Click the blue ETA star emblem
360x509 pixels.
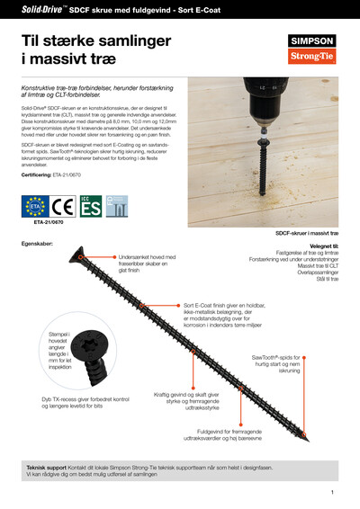coord(36,206)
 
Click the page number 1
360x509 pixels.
coord(332,492)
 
